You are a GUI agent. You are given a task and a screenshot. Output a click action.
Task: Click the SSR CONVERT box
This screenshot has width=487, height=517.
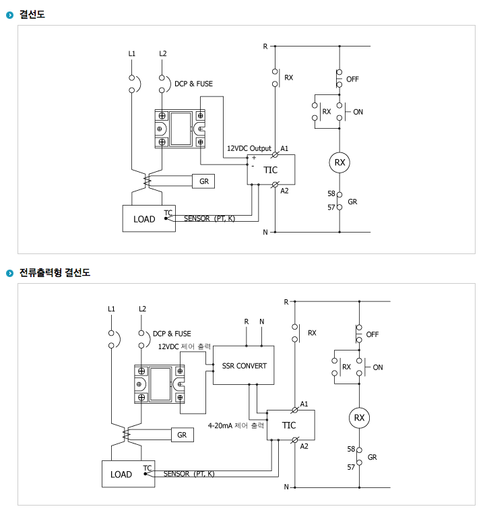[x=243, y=365]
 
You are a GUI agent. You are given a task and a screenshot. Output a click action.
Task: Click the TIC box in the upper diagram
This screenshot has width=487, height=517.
[x=270, y=170]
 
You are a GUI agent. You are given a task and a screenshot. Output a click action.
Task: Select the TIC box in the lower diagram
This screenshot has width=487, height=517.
[x=289, y=425]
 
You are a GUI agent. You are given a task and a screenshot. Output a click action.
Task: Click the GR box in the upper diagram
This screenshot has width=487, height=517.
[x=203, y=181]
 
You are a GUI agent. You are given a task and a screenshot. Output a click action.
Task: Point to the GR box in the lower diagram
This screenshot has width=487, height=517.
[x=181, y=435]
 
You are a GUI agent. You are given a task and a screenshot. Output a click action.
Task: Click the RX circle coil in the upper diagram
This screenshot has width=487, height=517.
[x=340, y=162]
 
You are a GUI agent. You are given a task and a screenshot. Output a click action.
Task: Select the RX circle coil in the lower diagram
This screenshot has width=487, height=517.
[x=359, y=418]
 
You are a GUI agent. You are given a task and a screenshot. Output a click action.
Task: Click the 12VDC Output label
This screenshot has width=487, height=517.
[x=249, y=148]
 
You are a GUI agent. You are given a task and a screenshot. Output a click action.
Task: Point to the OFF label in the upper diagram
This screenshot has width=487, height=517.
[x=353, y=79]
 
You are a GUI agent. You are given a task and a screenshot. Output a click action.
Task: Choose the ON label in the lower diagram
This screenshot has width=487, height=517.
[x=377, y=367]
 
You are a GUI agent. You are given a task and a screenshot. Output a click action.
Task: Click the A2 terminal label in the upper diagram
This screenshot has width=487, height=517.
[x=284, y=191]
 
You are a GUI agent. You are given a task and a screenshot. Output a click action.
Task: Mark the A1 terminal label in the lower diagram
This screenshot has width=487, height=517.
[x=304, y=404]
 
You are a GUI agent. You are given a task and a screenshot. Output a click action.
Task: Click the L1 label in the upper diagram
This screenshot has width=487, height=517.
[x=131, y=53]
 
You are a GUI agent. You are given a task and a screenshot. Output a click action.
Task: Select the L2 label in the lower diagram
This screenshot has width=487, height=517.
[x=142, y=309]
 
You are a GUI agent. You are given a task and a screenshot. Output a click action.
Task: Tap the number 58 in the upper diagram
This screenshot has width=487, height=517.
[x=331, y=193]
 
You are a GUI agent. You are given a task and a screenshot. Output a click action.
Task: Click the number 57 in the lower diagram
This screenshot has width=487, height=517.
[x=351, y=466]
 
